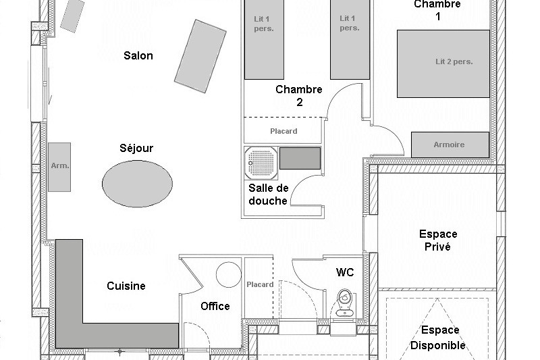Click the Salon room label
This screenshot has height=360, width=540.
pos(138,55)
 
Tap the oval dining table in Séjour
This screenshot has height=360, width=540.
pos(136,182)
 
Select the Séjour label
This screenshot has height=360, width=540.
pos(136,148)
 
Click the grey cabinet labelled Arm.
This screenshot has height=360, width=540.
pos(59,165)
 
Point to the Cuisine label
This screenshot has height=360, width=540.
pos(126,286)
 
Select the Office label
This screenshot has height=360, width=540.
pos(215,306)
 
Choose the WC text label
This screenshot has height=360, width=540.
pos(345,272)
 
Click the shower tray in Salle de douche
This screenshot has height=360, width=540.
pos(260,159)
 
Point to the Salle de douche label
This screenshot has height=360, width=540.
pos(268,194)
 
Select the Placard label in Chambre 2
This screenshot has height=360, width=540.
pos(283,131)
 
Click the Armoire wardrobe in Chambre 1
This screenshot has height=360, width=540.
pos(450,145)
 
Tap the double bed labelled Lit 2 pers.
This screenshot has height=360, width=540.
pos(443,63)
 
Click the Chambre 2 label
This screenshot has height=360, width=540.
pos(299,96)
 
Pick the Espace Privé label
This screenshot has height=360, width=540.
pos(438,240)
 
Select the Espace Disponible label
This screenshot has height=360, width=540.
pos(439,338)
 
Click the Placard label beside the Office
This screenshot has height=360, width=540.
pos(260,284)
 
